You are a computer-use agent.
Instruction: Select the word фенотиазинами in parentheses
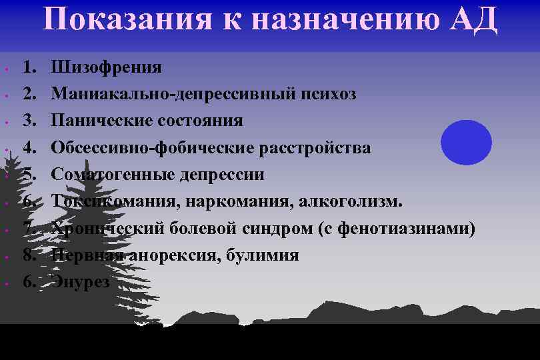406,228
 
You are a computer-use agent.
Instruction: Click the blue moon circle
467,143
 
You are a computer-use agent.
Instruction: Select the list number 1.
29,67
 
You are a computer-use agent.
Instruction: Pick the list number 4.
29,147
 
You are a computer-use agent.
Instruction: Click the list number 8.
29,255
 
